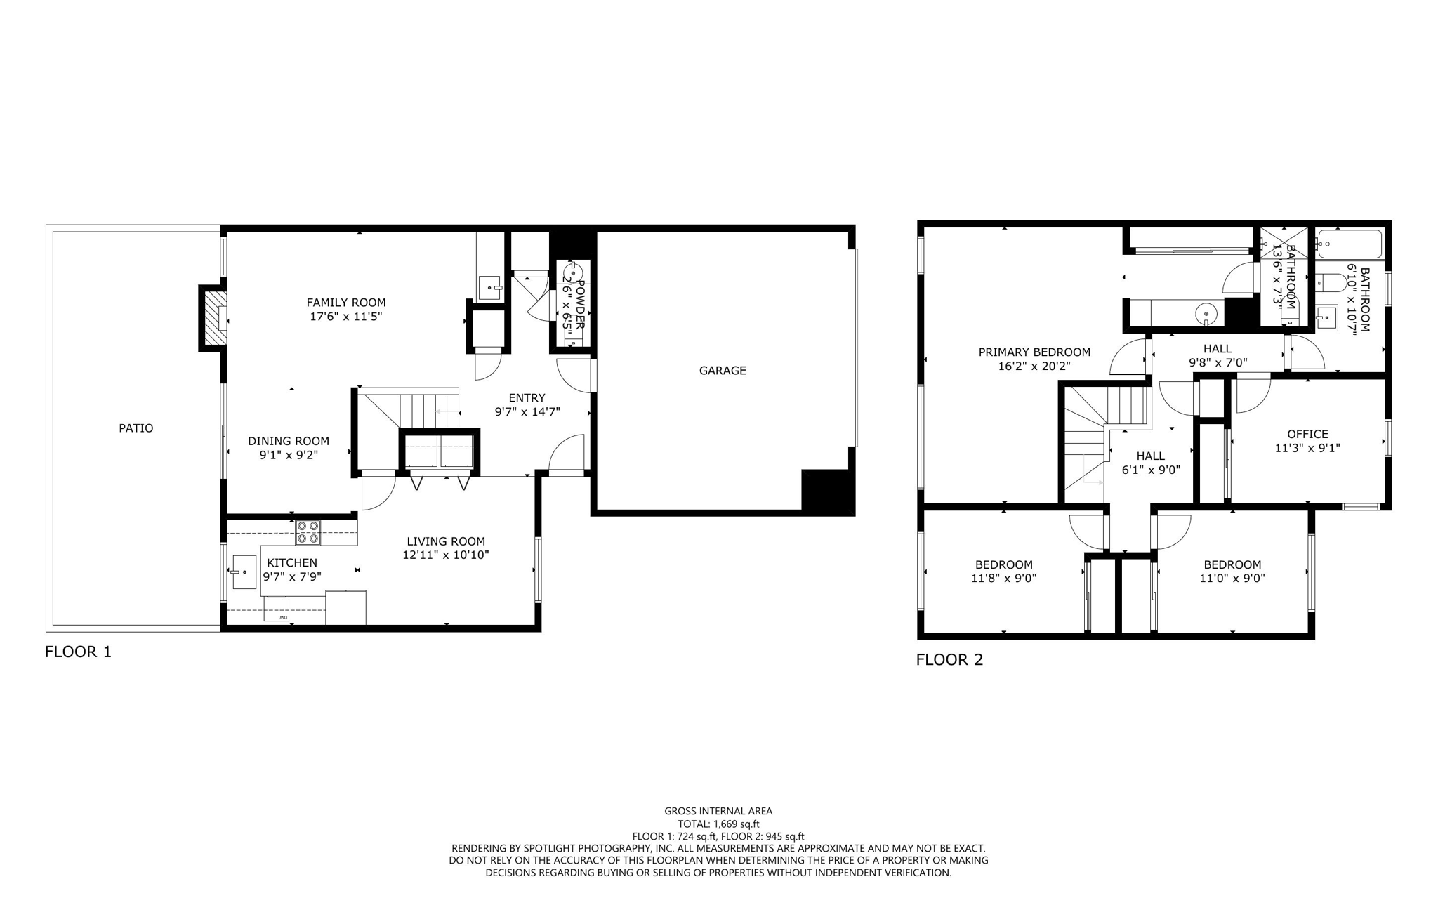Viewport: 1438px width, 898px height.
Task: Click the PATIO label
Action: pyautogui.click(x=136, y=428)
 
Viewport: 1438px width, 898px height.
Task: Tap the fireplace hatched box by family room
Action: pyautogui.click(x=214, y=318)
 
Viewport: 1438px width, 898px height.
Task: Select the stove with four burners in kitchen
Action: pyautogui.click(x=308, y=532)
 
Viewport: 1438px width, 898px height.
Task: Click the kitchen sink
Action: pyautogui.click(x=244, y=572)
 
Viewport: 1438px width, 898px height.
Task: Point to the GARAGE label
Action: pyautogui.click(x=722, y=370)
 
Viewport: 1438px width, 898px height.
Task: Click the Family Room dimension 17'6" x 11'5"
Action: pyautogui.click(x=345, y=317)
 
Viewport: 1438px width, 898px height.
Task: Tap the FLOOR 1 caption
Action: pyautogui.click(x=78, y=652)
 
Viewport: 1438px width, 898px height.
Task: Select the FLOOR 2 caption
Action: pyautogui.click(x=949, y=659)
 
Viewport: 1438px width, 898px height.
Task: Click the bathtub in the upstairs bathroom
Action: pyautogui.click(x=1349, y=245)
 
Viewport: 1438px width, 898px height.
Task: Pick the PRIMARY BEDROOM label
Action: pyautogui.click(x=1034, y=352)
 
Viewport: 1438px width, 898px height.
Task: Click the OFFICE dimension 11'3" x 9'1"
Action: pyautogui.click(x=1307, y=448)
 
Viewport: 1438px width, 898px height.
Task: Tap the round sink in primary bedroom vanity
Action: pyautogui.click(x=1205, y=312)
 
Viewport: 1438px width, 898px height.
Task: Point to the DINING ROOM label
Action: pyautogui.click(x=288, y=441)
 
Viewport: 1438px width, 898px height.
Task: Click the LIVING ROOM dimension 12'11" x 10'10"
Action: pyautogui.click(x=445, y=555)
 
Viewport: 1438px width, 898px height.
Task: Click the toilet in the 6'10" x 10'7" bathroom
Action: pyautogui.click(x=1330, y=283)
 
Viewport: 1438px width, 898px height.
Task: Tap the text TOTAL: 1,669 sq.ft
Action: pyautogui.click(x=718, y=824)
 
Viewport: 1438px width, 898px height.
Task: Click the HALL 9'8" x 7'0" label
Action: pyautogui.click(x=1217, y=355)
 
